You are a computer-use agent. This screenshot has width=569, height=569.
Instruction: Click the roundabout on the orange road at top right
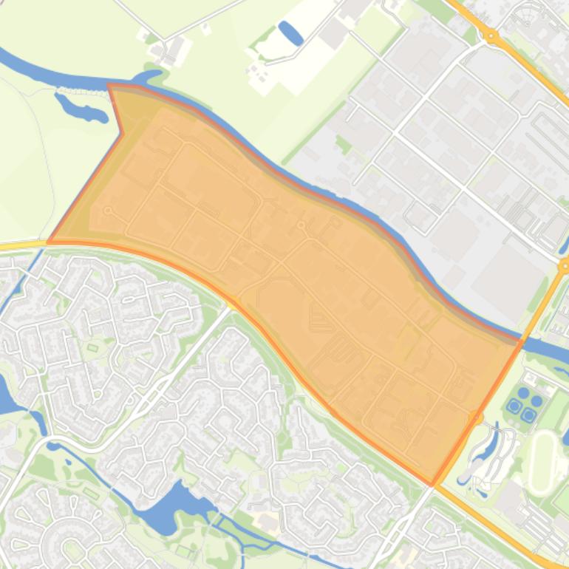(x=491, y=35)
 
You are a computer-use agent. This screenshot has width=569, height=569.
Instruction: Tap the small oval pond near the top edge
(x=290, y=33)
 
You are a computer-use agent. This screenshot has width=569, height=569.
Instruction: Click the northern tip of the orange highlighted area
(x=109, y=86)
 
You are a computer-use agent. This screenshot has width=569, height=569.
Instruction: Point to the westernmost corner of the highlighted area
(x=49, y=241)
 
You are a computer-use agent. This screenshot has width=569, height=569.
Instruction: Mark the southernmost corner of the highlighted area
(x=433, y=485)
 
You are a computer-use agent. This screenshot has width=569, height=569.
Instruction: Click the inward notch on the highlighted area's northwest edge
(x=121, y=134)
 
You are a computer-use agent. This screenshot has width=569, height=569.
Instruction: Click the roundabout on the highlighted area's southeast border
(x=477, y=418)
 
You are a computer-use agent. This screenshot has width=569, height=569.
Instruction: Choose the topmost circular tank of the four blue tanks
(x=524, y=392)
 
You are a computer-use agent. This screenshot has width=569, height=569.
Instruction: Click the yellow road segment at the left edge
(x=18, y=245)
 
